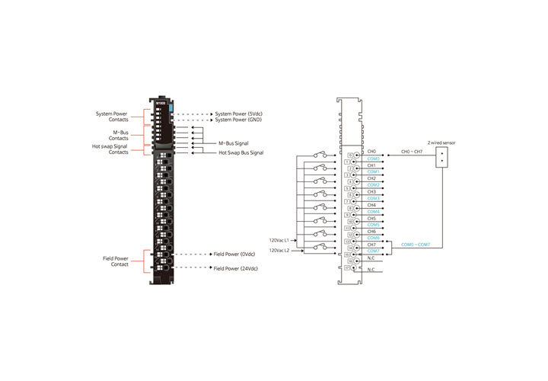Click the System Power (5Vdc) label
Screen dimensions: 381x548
238,114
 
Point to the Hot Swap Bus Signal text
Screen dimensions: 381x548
241,153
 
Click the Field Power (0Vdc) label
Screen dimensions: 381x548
234,255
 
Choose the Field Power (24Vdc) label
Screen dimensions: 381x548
236,268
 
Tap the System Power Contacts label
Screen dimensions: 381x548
114,117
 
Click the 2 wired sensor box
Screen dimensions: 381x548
442,157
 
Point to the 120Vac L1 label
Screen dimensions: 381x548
281,241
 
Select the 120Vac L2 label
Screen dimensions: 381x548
281,250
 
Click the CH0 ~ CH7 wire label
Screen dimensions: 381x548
413,152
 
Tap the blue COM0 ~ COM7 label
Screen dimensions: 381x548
416,245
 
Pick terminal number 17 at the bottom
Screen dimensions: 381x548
347,268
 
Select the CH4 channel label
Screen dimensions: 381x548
371,205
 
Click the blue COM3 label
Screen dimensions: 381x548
373,198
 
